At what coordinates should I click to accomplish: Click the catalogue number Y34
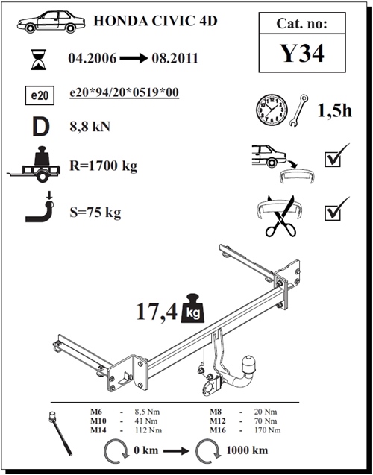pyautogui.click(x=302, y=54)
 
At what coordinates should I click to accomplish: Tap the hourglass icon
pyautogui.click(x=39, y=60)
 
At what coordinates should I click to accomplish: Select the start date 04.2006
pyautogui.click(x=92, y=58)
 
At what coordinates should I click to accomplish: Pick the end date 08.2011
pyautogui.click(x=175, y=58)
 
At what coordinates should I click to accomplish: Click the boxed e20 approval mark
pyautogui.click(x=40, y=95)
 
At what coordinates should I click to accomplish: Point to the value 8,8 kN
pyautogui.click(x=90, y=126)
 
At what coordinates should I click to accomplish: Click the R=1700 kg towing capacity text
pyautogui.click(x=104, y=166)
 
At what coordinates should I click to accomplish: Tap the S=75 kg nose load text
pyautogui.click(x=95, y=213)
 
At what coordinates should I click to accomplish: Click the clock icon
pyautogui.click(x=272, y=109)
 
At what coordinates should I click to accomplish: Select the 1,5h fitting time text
pyautogui.click(x=334, y=110)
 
